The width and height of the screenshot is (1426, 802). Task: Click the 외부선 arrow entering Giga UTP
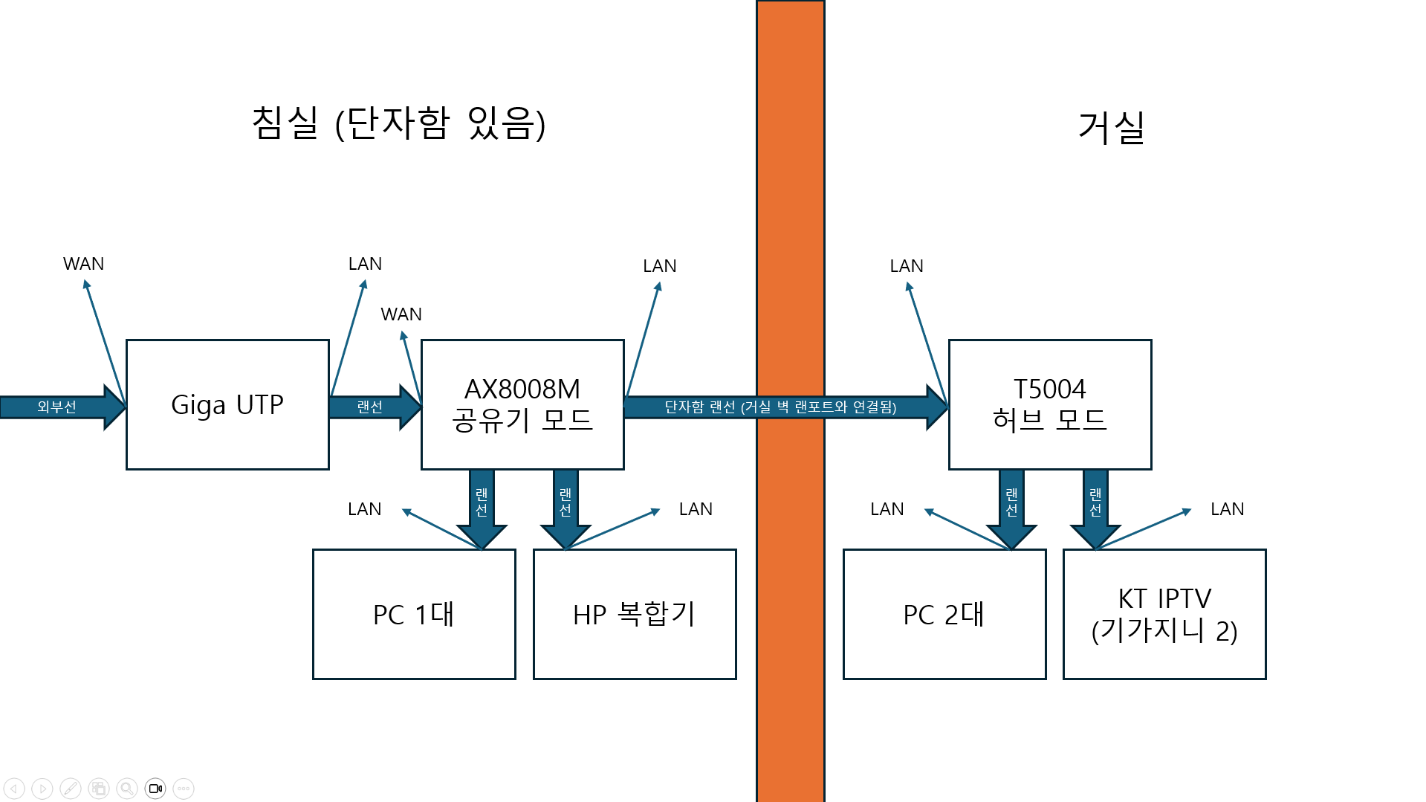pyautogui.click(x=63, y=407)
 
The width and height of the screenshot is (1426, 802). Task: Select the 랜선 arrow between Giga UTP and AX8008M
pyautogui.click(x=375, y=407)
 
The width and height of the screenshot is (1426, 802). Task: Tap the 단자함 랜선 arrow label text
pyautogui.click(x=780, y=407)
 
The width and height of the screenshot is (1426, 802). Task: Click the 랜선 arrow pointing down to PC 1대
pyautogui.click(x=482, y=509)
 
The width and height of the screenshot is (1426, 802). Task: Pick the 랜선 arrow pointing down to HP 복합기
pyautogui.click(x=565, y=509)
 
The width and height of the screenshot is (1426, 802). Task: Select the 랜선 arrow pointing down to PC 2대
pyautogui.click(x=1011, y=509)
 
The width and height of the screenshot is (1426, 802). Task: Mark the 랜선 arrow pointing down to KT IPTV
pyautogui.click(x=1095, y=509)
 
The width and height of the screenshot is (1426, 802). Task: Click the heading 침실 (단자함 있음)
pyautogui.click(x=399, y=123)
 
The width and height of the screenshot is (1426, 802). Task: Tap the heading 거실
pyautogui.click(x=1111, y=127)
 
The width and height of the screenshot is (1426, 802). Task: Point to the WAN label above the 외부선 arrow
pyautogui.click(x=83, y=264)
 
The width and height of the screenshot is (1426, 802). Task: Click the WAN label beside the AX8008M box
pyautogui.click(x=401, y=314)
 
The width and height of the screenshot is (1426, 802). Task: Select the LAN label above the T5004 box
pyautogui.click(x=907, y=266)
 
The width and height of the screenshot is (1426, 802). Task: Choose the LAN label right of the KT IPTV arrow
pyautogui.click(x=1227, y=509)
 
